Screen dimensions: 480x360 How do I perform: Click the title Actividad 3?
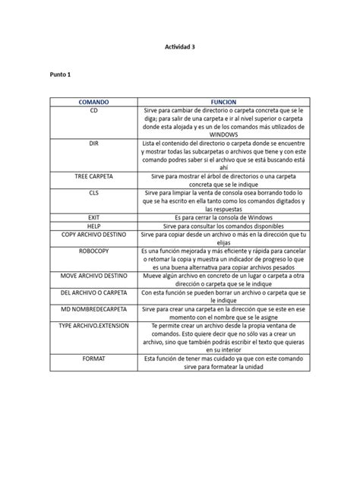180,46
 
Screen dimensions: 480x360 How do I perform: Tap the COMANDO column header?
93,100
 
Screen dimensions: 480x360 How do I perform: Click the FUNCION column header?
224,100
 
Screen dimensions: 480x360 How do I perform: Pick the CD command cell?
93,110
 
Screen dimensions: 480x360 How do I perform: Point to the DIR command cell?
93,143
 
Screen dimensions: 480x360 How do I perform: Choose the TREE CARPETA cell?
93,175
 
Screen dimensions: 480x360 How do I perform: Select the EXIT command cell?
93,217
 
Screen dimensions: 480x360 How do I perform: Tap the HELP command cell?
93,226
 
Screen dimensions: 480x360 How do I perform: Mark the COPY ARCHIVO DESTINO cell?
93,235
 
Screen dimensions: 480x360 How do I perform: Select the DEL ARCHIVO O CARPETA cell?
93,292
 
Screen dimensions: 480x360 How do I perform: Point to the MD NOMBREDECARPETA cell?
93,310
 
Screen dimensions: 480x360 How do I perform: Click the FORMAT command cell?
93,357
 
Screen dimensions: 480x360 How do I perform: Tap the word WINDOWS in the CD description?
224,134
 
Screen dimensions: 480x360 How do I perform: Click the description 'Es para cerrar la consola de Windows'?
224,217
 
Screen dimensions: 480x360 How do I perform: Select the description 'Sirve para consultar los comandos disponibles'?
224,226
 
